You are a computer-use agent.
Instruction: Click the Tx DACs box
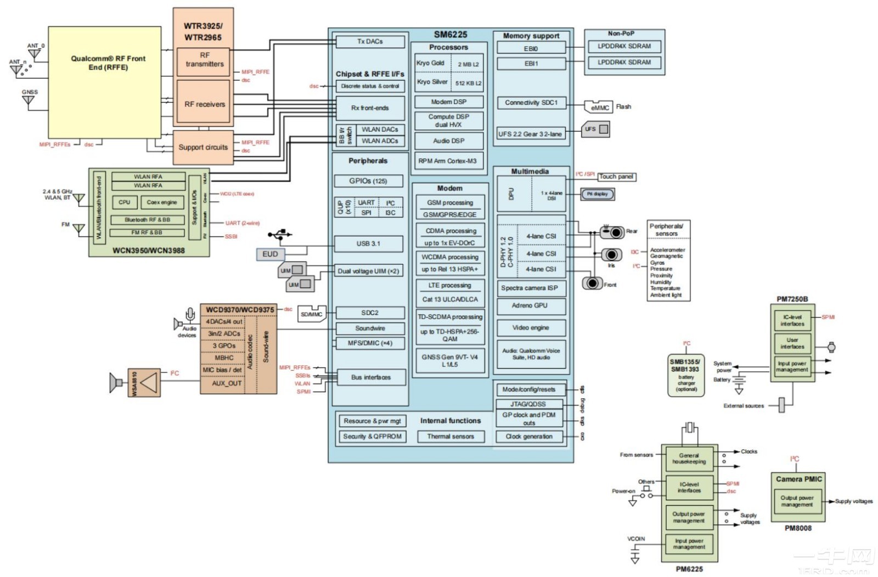coord(370,42)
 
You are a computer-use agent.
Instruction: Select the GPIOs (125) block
coord(368,181)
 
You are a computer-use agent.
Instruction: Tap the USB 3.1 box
coord(368,244)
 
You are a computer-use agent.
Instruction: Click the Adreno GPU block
coord(530,306)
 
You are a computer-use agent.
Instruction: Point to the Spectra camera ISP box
coord(530,288)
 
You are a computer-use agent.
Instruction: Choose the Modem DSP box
coord(449,102)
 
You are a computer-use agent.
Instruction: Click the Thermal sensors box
coord(451,437)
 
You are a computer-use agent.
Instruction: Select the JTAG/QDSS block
coord(529,404)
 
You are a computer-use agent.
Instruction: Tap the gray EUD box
coord(270,254)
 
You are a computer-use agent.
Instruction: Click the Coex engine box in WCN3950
coord(162,202)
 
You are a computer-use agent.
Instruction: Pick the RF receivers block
coord(204,104)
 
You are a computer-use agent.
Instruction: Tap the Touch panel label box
coord(616,177)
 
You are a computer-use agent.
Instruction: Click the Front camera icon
coord(592,284)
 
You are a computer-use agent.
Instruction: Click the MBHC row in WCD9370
coord(224,358)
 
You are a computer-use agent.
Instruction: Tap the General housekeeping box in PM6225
coord(689,459)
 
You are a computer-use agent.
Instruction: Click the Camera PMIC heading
coord(798,479)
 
